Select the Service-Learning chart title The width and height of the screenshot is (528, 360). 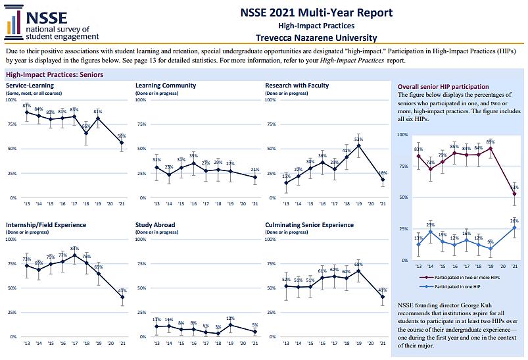pyautogui.click(x=30, y=86)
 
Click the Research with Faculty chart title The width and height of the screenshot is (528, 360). pyautogui.click(x=297, y=86)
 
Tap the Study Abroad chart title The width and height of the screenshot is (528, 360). pyautogui.click(x=155, y=225)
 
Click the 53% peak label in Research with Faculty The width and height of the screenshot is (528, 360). pyautogui.click(x=358, y=140)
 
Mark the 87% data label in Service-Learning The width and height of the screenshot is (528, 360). pyautogui.click(x=26, y=105)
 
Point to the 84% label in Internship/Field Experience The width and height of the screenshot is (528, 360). pyautogui.click(x=74, y=248)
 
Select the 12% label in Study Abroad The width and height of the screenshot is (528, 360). pyautogui.click(x=229, y=319)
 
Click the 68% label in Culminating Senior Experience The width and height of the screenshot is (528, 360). pyautogui.click(x=358, y=264)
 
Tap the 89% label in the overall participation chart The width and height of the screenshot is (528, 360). pyautogui.click(x=491, y=141)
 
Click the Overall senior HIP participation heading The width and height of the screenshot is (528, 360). pyautogui.click(x=443, y=87)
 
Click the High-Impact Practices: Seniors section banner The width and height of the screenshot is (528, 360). pyautogui.click(x=54, y=74)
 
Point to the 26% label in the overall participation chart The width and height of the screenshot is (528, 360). pyautogui.click(x=515, y=221)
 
